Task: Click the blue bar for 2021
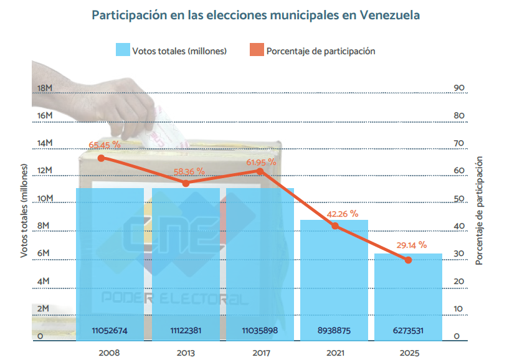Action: pyautogui.click(x=334, y=280)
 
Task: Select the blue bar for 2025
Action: pyautogui.click(x=409, y=297)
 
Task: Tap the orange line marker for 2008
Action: pyautogui.click(x=102, y=158)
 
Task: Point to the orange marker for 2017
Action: pyautogui.click(x=260, y=171)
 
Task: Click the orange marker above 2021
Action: pyautogui.click(x=335, y=225)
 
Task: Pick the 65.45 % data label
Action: pyautogui.click(x=104, y=145)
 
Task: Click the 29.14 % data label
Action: pyautogui.click(x=411, y=245)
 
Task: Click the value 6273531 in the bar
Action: pyautogui.click(x=409, y=331)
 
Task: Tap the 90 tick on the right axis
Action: pyautogui.click(x=459, y=88)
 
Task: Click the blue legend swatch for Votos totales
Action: pyautogui.click(x=122, y=51)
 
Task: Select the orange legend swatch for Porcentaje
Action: pyautogui.click(x=256, y=51)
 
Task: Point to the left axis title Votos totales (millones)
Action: pyautogui.click(x=24, y=212)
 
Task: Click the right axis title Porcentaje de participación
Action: pyautogui.click(x=479, y=212)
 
